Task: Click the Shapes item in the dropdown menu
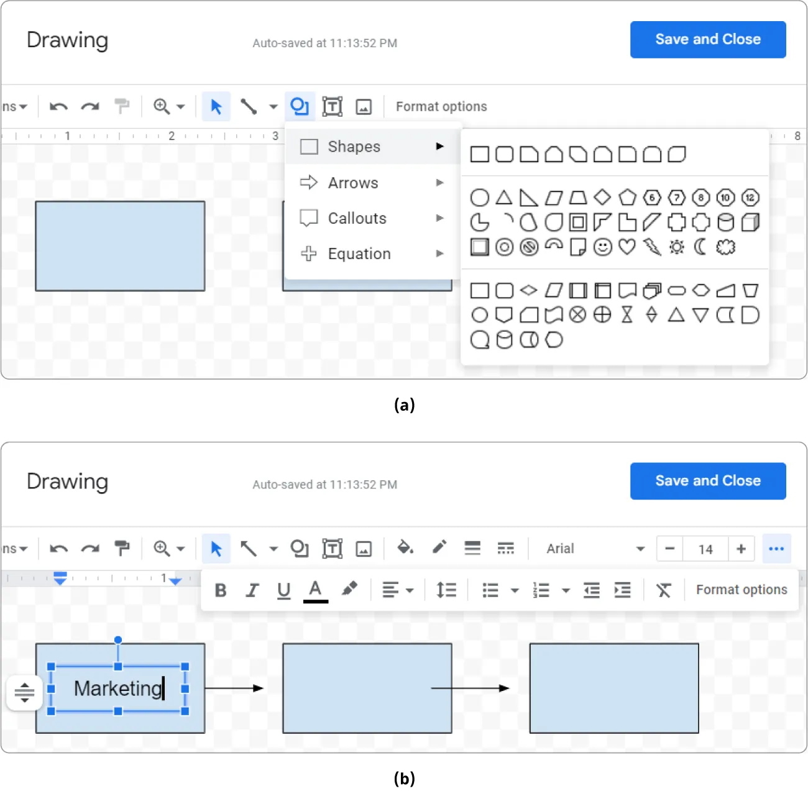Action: (x=354, y=147)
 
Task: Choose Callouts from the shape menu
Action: (x=357, y=218)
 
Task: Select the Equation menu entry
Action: (x=359, y=254)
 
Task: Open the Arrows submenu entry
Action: (x=352, y=183)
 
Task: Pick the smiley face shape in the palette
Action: (x=602, y=247)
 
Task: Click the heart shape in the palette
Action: (x=627, y=247)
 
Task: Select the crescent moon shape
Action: (x=700, y=247)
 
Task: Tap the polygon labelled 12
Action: (x=750, y=198)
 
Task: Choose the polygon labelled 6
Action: (x=651, y=198)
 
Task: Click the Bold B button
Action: (x=221, y=590)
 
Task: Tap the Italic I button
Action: (x=252, y=590)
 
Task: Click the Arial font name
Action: (x=560, y=549)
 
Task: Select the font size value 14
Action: (x=705, y=549)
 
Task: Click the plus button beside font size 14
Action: (x=741, y=549)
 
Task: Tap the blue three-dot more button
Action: (x=776, y=549)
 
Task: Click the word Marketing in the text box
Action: (x=117, y=688)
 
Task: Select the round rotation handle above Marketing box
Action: (x=118, y=640)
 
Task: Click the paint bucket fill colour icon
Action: (x=405, y=547)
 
